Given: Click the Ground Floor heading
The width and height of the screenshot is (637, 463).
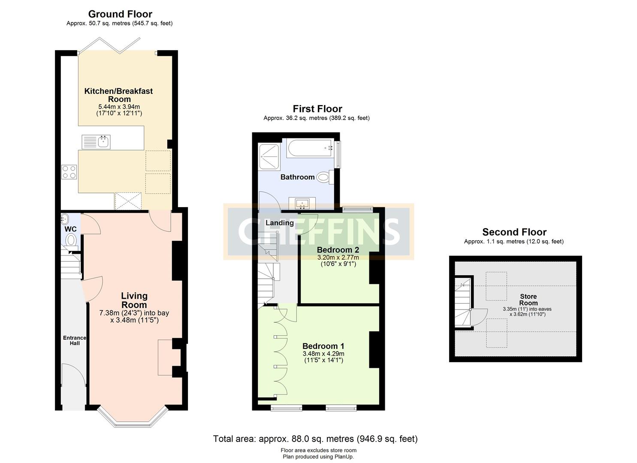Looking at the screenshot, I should coord(120,14).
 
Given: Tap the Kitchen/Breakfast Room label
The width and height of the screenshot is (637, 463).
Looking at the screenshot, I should coord(118,95).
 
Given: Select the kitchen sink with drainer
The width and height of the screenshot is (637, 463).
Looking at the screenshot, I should coord(96,141).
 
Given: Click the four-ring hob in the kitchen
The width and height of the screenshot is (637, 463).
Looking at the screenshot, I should coord(69,172).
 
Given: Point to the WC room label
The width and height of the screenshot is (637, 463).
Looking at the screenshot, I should coord(70,229).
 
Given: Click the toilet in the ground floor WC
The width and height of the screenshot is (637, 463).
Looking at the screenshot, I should coord(71,239).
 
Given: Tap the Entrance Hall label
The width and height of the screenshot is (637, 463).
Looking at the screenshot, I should coord(74,340).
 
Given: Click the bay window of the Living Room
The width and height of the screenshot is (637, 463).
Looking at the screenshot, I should coord(132,418).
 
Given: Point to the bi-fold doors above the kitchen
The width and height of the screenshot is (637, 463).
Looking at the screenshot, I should coord(109,45).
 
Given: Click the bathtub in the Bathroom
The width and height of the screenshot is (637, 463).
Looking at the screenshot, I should coord(310,149).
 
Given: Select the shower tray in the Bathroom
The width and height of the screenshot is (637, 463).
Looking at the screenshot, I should coord(269,157).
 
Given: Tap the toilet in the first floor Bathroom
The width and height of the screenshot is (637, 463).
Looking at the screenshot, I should coord(324,177).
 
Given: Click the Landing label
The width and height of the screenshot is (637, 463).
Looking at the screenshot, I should coord(279,223).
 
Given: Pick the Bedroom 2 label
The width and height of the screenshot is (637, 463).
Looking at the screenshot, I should coord(338,250).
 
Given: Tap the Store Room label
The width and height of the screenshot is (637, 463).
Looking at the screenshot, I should coord(528,300).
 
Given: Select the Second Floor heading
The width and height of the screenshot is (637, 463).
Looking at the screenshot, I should coord(514,232).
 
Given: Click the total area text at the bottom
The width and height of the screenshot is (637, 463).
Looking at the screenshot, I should coord(315,439).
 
